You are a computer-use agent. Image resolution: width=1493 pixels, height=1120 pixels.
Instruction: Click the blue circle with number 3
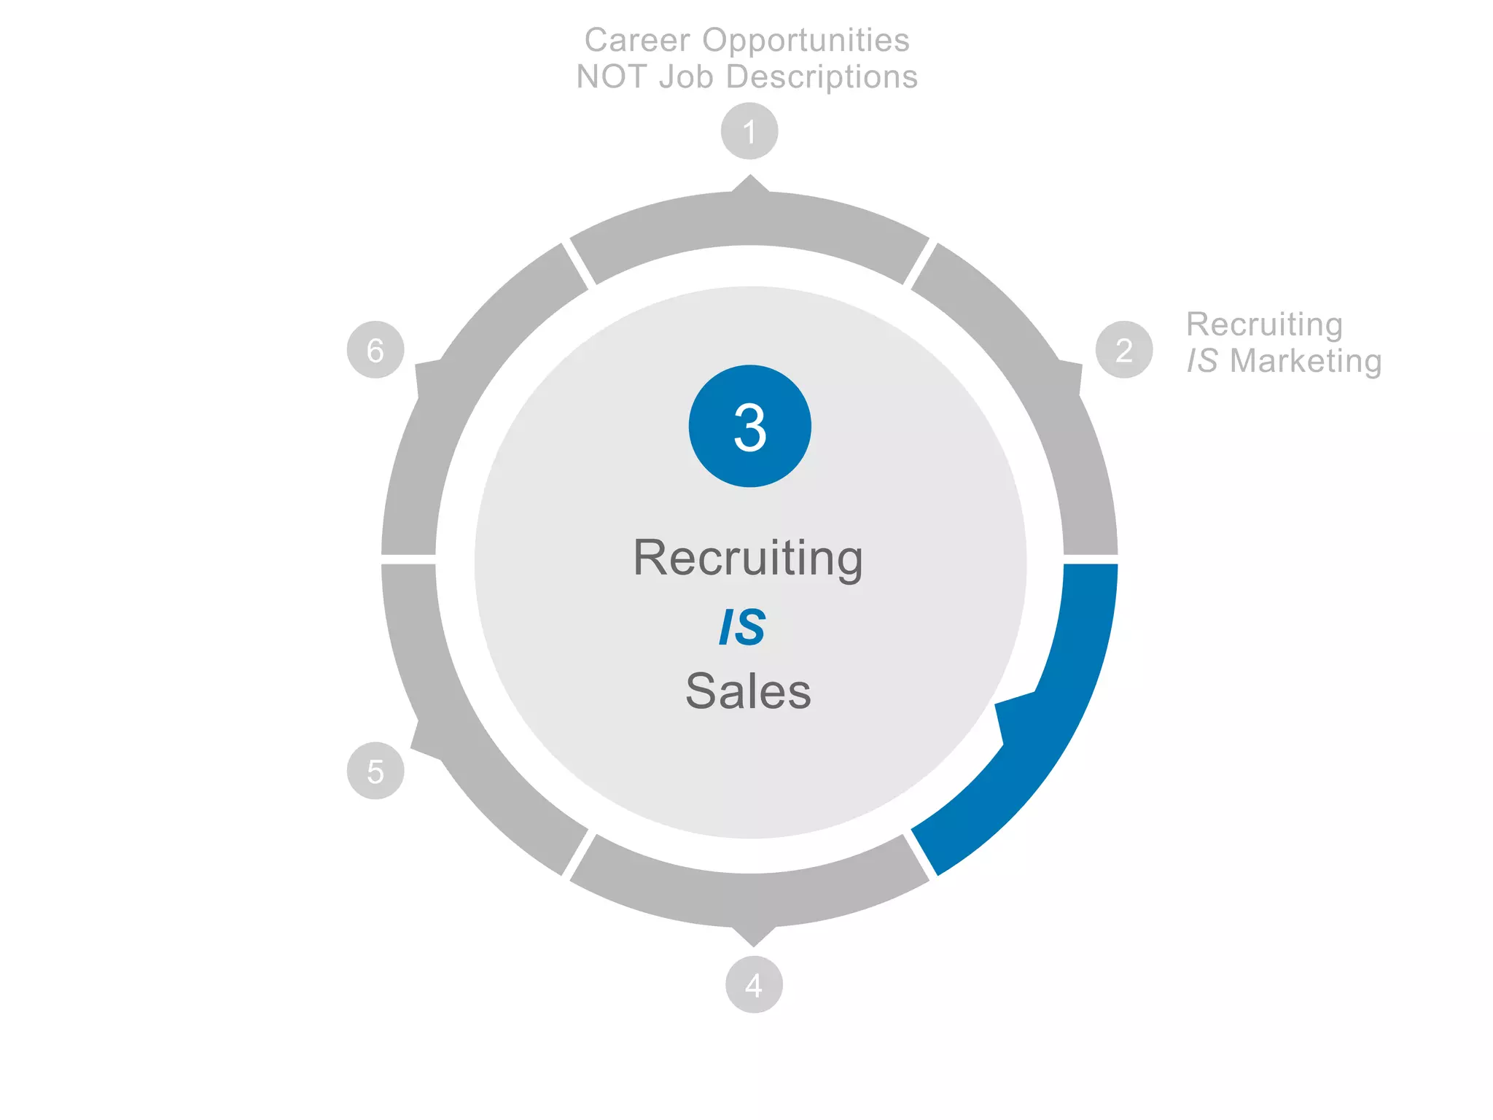pyautogui.click(x=749, y=426)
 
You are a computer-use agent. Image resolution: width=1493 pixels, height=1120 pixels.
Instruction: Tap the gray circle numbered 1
pyautogui.click(x=749, y=131)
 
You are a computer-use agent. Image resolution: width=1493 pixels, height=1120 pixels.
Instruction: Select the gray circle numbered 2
pyautogui.click(x=1124, y=350)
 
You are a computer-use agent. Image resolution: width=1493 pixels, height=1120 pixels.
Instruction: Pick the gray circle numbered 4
pyautogui.click(x=754, y=985)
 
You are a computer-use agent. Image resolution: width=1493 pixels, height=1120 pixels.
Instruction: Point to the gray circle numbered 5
pyautogui.click(x=375, y=771)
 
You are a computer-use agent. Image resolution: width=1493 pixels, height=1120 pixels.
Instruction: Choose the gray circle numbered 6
pyautogui.click(x=375, y=350)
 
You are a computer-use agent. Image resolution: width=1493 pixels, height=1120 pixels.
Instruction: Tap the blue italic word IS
pyautogui.click(x=743, y=627)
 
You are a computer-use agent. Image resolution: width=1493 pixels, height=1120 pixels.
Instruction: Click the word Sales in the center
pyautogui.click(x=748, y=691)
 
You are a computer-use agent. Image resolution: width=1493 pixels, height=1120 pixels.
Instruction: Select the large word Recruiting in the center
pyautogui.click(x=748, y=559)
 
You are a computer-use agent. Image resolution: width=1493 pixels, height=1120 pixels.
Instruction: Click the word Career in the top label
pyautogui.click(x=637, y=41)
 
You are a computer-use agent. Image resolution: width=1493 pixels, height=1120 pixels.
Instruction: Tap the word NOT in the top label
pyautogui.click(x=611, y=77)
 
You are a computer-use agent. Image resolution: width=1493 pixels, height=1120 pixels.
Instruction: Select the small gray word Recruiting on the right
pyautogui.click(x=1264, y=325)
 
